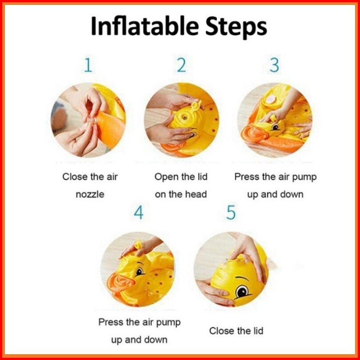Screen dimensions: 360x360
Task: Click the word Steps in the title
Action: click(236, 28)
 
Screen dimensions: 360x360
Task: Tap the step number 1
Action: click(88, 65)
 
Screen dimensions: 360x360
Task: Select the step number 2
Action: click(181, 65)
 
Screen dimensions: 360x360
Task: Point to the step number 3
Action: click(274, 65)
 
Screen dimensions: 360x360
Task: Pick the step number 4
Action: click(138, 212)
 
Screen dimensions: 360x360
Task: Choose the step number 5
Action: click(231, 212)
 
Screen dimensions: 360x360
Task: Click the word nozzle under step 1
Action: click(90, 195)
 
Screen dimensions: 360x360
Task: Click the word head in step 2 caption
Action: click(196, 194)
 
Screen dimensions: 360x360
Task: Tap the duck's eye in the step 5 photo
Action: click(242, 292)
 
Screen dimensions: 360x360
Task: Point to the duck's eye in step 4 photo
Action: click(140, 272)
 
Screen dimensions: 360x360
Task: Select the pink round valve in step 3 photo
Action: click(271, 99)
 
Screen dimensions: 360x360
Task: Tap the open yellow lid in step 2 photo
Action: click(196, 106)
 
